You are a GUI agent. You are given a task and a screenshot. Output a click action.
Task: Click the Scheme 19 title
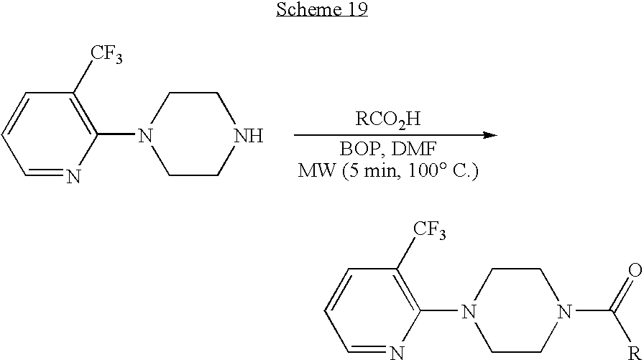321,9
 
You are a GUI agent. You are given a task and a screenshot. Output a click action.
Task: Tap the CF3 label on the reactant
106,54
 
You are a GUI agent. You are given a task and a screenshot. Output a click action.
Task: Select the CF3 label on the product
429,229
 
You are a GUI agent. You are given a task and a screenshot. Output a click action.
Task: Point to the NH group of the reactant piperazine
249,136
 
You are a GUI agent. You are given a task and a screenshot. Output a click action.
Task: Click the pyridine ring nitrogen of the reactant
73,177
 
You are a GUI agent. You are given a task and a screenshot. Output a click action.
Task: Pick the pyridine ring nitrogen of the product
396,353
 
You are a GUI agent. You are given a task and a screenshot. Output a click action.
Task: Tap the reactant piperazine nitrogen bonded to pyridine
145,136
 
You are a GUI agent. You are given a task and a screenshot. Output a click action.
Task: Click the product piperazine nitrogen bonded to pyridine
468,312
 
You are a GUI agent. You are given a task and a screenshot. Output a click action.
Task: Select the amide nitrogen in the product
565,312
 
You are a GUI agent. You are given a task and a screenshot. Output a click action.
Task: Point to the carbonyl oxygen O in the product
635,270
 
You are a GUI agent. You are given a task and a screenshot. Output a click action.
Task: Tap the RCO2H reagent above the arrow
388,119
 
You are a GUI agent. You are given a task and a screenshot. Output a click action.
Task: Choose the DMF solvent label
413,149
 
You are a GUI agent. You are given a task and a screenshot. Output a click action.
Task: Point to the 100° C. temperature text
443,170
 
